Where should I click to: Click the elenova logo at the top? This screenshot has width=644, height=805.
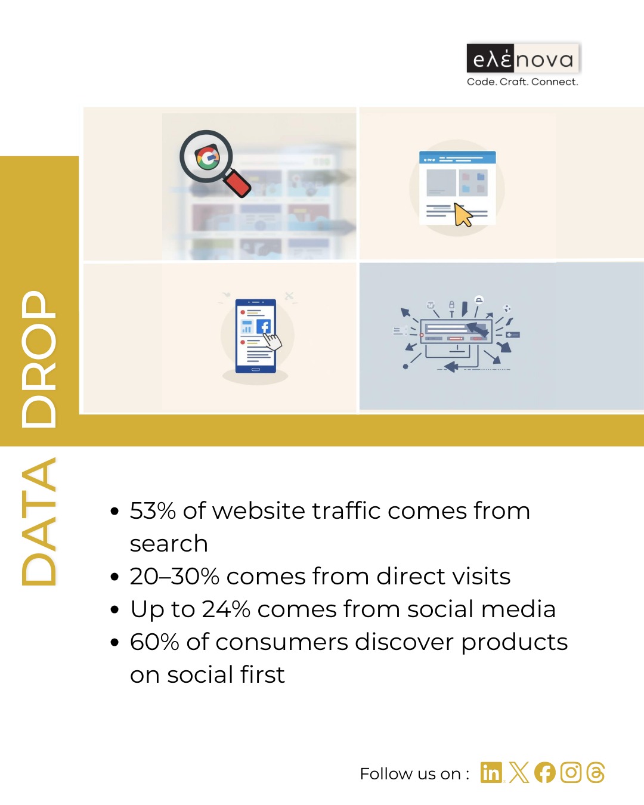[x=523, y=58]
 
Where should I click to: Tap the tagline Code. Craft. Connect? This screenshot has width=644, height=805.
[x=522, y=82]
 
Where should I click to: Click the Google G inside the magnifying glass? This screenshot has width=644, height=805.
[x=207, y=157]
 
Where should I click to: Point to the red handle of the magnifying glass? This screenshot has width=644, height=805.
[x=237, y=183]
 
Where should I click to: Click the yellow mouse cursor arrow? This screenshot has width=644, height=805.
[x=463, y=215]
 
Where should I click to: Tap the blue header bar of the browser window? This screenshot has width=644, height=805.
[x=457, y=157]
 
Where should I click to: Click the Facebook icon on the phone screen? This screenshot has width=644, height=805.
[x=264, y=326]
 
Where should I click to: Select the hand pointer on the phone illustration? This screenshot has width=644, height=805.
[x=272, y=341]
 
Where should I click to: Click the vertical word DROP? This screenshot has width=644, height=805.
[x=39, y=359]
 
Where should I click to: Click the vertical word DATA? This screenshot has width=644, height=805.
[x=39, y=522]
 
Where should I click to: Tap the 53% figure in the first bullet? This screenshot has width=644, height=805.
[x=153, y=510]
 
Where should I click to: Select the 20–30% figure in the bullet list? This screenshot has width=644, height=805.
[x=174, y=576]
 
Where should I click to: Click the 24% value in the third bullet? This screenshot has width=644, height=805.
[x=226, y=609]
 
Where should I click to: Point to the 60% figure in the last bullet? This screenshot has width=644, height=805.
[x=154, y=642]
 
